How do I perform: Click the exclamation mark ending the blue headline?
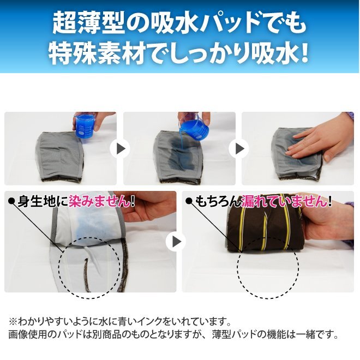click(303, 53)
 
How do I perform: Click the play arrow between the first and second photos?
click(120, 149)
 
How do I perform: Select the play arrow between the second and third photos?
click(239, 149)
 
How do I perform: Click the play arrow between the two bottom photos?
click(176, 241)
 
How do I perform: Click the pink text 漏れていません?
click(284, 201)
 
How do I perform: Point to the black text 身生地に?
click(43, 201)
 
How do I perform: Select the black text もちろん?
click(218, 201)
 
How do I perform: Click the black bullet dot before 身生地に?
click(11, 201)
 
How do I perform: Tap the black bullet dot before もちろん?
click(189, 201)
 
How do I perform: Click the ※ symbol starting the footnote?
click(13, 321)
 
